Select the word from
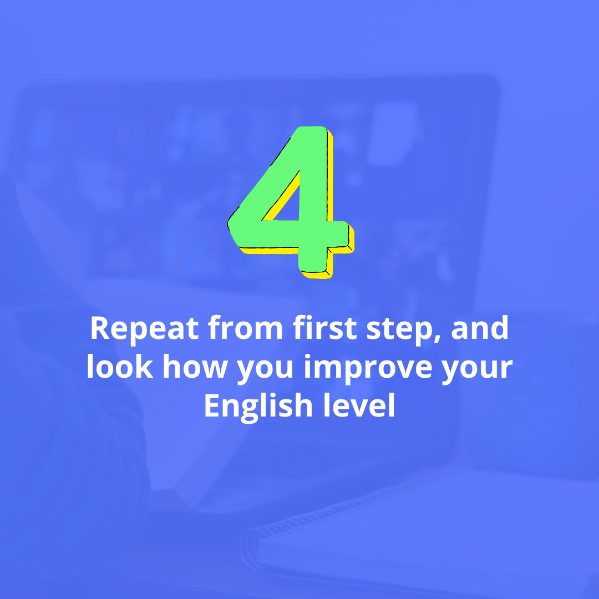point(245,328)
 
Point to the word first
point(324,328)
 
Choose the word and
point(480,328)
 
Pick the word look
point(120,366)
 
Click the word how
point(195,366)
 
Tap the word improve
point(368,369)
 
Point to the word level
point(359,405)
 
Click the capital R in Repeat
point(100,328)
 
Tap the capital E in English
point(212,405)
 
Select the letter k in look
point(144,366)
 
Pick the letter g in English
point(249,411)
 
